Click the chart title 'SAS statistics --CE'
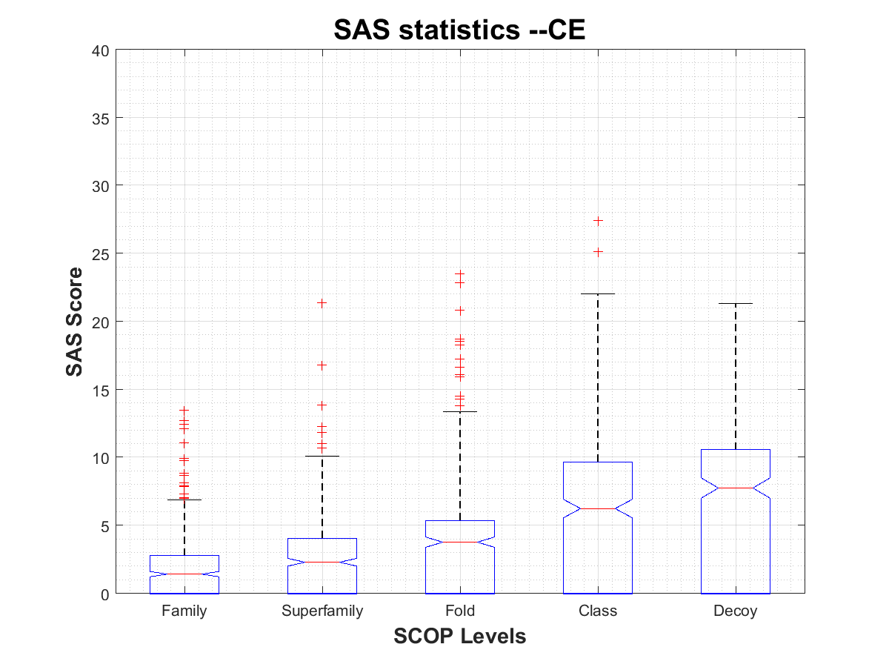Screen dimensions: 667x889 pyautogui.click(x=460, y=30)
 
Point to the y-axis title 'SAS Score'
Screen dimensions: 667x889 pyautogui.click(x=74, y=322)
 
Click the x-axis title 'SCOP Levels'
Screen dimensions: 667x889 pyautogui.click(x=460, y=636)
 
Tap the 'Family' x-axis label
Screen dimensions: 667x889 pyautogui.click(x=184, y=611)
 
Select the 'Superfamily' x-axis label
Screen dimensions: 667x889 pyautogui.click(x=322, y=611)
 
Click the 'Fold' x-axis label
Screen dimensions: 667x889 pyautogui.click(x=460, y=611)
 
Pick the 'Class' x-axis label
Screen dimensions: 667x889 pyautogui.click(x=598, y=611)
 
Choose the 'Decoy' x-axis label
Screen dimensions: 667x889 pyautogui.click(x=736, y=611)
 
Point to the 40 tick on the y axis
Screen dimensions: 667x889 pyautogui.click(x=101, y=50)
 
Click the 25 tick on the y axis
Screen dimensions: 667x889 pyautogui.click(x=101, y=254)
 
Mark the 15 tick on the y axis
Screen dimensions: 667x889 pyautogui.click(x=101, y=390)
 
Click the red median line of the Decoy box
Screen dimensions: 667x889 pyautogui.click(x=736, y=488)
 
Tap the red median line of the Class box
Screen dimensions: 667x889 pyautogui.click(x=598, y=508)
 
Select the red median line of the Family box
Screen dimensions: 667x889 pyautogui.click(x=184, y=574)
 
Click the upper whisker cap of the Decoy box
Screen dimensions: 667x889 pyautogui.click(x=736, y=303)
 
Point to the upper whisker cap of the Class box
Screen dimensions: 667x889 pyautogui.click(x=598, y=293)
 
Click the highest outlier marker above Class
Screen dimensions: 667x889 pyautogui.click(x=598, y=220)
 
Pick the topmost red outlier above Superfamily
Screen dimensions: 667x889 pyautogui.click(x=322, y=302)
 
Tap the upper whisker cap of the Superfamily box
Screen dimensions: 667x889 pyautogui.click(x=322, y=456)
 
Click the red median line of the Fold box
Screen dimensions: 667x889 pyautogui.click(x=460, y=542)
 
